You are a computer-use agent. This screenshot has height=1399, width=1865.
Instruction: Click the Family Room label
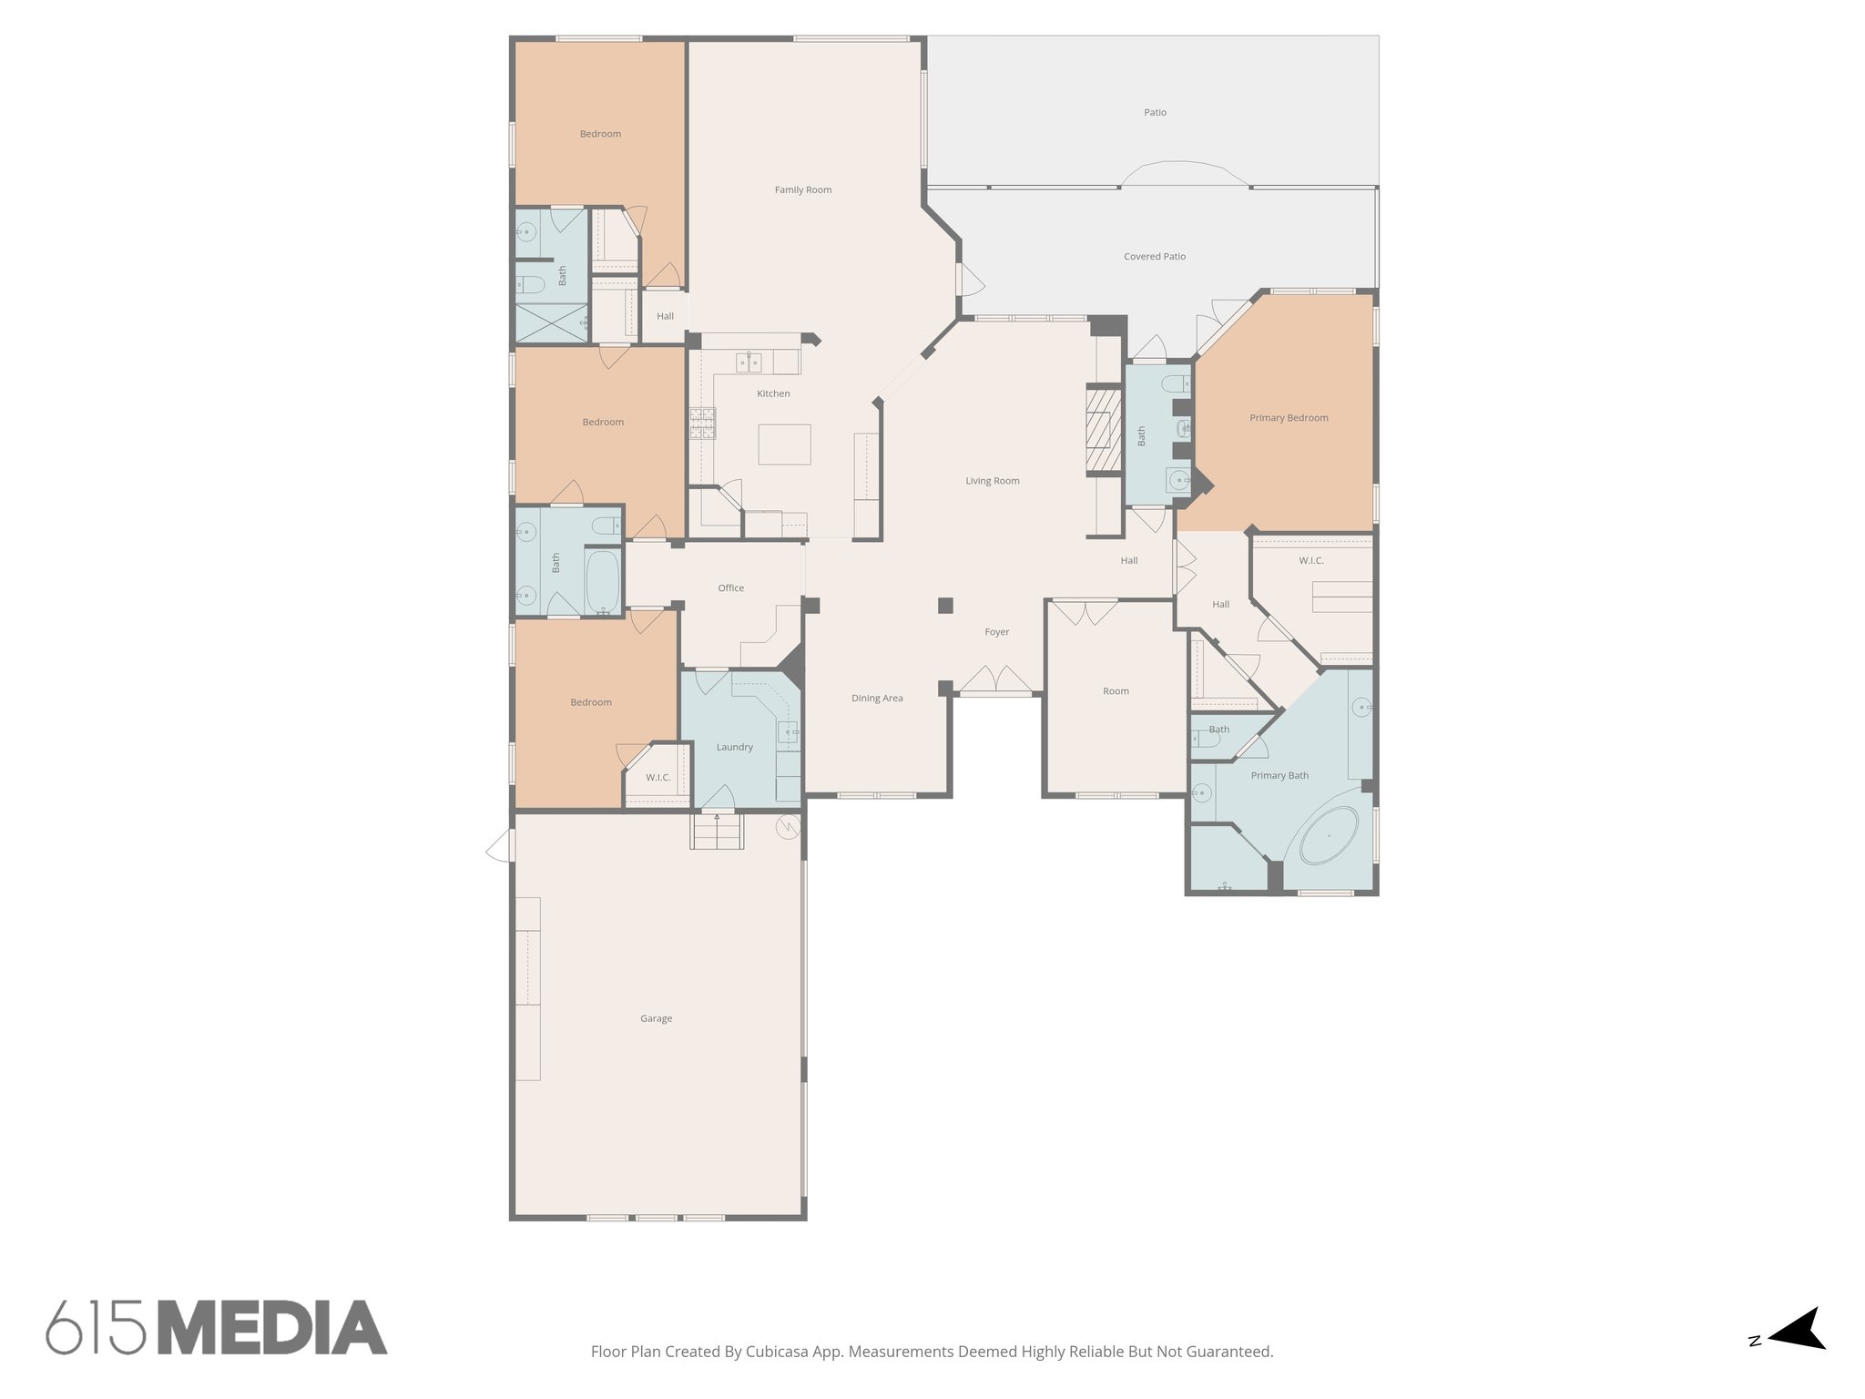[x=803, y=190]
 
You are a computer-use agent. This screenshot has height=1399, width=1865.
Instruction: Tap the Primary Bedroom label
[x=1289, y=418]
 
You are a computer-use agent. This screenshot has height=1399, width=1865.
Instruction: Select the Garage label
[x=656, y=1018]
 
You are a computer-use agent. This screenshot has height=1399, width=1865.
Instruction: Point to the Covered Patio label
[x=1155, y=257]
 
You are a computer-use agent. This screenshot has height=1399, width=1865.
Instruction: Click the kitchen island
[x=784, y=445]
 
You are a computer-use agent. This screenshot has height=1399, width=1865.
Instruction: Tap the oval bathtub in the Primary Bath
[x=1329, y=835]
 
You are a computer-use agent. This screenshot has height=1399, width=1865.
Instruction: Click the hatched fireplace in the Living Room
[x=1104, y=432]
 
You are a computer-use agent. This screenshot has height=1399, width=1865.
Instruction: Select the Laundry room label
[x=734, y=747]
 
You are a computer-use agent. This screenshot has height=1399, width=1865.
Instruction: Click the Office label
[x=730, y=588]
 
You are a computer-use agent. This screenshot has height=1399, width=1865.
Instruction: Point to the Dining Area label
[x=877, y=699]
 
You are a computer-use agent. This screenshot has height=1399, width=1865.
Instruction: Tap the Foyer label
[x=997, y=632]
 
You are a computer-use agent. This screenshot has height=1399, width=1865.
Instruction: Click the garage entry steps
[x=718, y=831]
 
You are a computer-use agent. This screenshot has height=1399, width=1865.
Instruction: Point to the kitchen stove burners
[x=702, y=424]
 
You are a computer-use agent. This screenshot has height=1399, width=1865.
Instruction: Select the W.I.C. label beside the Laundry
[x=657, y=778]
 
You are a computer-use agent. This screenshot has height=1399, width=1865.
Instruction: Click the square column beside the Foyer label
[x=945, y=605]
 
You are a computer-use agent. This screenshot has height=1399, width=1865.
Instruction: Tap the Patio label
[x=1155, y=113]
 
